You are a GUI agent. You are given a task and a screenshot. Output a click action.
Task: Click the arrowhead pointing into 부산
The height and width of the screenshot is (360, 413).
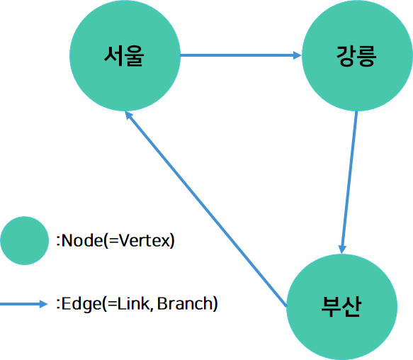[343, 247]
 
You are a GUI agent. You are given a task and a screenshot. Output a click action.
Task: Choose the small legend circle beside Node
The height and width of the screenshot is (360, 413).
[24, 241]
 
